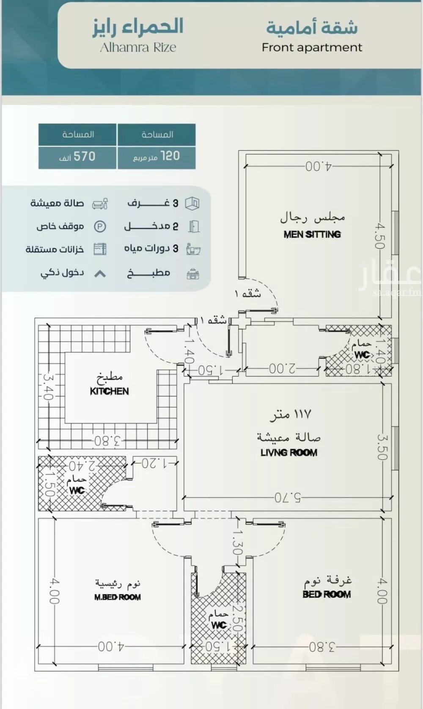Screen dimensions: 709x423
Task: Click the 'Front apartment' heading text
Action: coord(312,47)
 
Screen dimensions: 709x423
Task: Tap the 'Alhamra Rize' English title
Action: coord(138,47)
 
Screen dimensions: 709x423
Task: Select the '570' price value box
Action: coord(77,157)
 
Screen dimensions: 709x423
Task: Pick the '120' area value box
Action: coord(157,157)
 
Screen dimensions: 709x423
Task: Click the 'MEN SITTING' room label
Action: coord(312,234)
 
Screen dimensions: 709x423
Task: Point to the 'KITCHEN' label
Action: coord(109,391)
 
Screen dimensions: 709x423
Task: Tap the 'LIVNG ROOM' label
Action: coord(289,452)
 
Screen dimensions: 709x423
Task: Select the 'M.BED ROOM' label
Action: coord(118,597)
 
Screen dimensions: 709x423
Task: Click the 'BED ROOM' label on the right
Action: coord(327,594)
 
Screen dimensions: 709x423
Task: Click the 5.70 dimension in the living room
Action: coord(288,497)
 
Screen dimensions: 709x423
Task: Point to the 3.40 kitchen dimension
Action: coord(47,386)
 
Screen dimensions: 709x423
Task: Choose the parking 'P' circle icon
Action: coord(100,226)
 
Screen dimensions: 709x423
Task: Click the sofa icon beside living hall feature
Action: coord(100,204)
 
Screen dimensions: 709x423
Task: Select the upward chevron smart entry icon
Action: coord(100,274)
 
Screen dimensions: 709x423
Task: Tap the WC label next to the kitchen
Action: coord(77,491)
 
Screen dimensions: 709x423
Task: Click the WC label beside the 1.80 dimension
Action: coord(362,355)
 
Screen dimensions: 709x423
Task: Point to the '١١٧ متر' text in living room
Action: coord(291,414)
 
